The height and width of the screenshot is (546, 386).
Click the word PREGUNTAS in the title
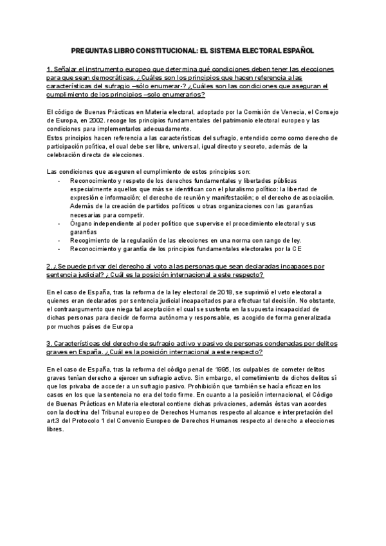click(93, 50)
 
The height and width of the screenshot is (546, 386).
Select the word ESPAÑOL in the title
click(296, 50)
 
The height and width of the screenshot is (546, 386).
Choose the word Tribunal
click(148, 393)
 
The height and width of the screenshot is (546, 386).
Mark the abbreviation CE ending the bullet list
click(296, 248)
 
